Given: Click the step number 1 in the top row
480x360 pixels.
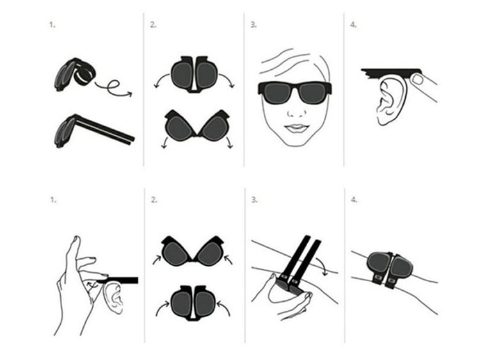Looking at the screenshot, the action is point(52,25).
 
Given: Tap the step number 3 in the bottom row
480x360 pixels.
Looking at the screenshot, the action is point(254,200).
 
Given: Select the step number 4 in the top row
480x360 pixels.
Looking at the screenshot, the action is point(353,25).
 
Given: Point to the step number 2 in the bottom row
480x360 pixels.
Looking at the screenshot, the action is point(154,200).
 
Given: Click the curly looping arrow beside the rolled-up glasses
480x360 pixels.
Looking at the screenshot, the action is point(113,87).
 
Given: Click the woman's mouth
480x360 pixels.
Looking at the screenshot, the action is point(296,127).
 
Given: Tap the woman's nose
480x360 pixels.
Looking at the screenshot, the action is point(296,113).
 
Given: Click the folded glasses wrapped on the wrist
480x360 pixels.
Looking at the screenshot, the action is point(389,268).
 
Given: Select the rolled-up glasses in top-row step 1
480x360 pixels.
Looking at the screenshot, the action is point(75,74).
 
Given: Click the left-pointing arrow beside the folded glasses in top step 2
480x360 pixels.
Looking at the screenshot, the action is point(161,80).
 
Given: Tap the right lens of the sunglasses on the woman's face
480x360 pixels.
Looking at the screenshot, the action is point(312,93).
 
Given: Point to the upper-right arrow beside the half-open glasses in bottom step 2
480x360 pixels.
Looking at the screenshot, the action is point(228,260).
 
